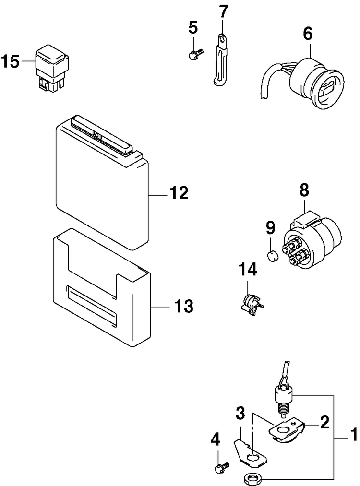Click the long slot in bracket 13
(x=91, y=307)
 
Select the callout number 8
(x=305, y=190)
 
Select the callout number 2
(x=325, y=422)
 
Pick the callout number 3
(x=240, y=412)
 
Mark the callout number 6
(x=308, y=34)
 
